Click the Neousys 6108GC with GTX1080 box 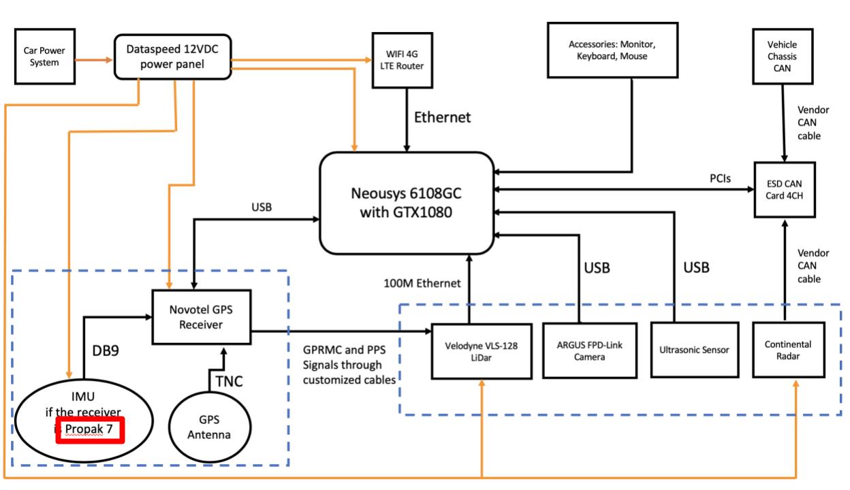click(407, 201)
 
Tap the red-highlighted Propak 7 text click(90, 430)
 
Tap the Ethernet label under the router click(442, 118)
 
